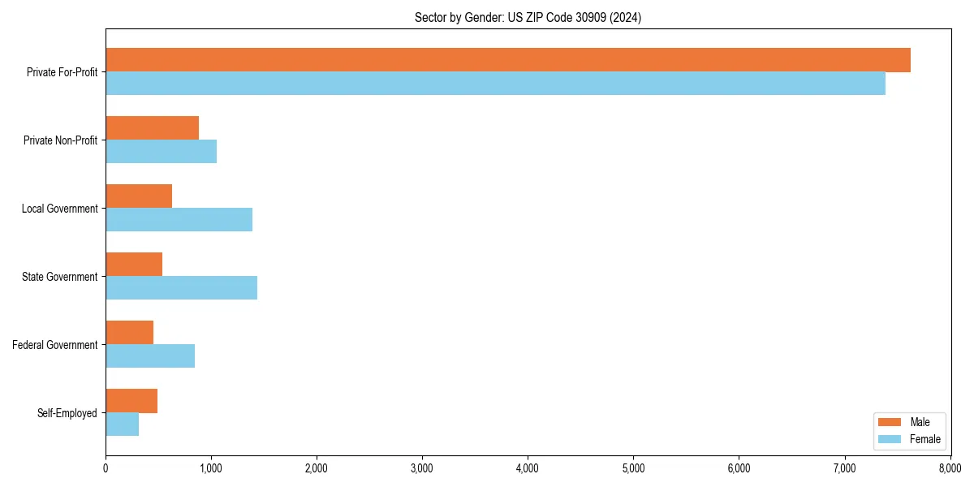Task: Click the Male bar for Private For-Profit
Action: (x=507, y=60)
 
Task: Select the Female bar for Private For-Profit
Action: (x=495, y=84)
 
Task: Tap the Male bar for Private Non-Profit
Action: (x=152, y=128)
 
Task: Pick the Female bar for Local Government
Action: (x=179, y=220)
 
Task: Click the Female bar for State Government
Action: (x=181, y=288)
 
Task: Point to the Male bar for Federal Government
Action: (x=129, y=333)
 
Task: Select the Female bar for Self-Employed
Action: (x=122, y=425)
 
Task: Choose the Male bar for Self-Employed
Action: (x=131, y=401)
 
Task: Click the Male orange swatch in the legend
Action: (x=890, y=422)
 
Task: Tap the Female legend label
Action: (x=925, y=439)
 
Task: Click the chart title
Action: (x=528, y=18)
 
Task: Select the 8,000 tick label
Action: (x=950, y=468)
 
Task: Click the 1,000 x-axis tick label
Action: (x=211, y=468)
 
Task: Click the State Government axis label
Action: (x=60, y=277)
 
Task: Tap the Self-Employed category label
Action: (x=67, y=413)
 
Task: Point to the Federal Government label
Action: (x=55, y=345)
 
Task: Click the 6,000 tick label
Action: (x=739, y=468)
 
